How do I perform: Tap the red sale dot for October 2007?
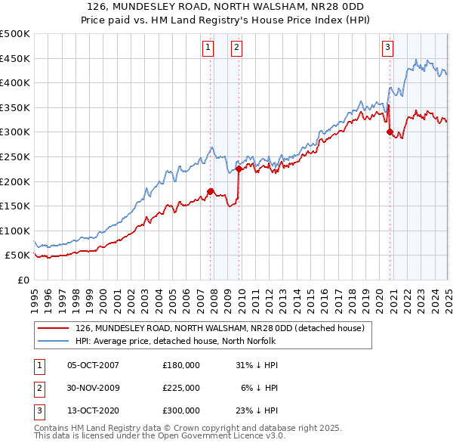point(211,191)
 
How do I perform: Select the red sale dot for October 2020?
point(390,132)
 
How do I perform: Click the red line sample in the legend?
point(54,328)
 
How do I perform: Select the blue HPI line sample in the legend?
point(54,341)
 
